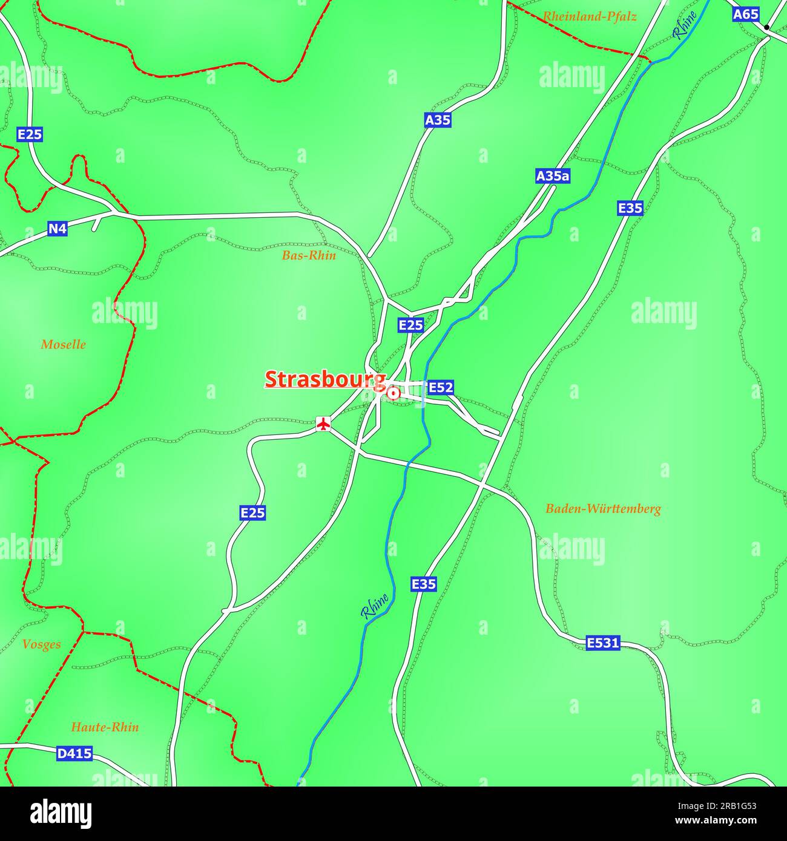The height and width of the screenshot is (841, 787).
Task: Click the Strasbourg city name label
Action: pos(325,379)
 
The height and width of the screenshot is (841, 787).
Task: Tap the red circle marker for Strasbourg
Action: pos(393,394)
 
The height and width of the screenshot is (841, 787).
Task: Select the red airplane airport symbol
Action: pos(324,424)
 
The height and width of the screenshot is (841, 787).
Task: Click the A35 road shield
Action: pos(437,120)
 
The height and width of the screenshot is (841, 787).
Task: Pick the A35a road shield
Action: pos(553,176)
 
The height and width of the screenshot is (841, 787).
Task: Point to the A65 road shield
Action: pos(745,15)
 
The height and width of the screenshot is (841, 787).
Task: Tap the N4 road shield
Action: pos(58,229)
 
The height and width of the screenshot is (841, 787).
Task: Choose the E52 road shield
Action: pos(440,387)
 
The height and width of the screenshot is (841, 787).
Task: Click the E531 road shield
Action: pos(603,643)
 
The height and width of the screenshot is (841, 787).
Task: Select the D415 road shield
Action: pos(74,754)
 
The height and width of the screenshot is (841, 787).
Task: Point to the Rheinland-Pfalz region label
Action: pos(589,17)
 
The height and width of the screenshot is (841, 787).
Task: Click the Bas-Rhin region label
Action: pos(309,255)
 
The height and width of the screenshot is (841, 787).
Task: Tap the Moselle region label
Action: pos(64,345)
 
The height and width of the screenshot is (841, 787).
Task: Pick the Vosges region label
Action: pos(41,644)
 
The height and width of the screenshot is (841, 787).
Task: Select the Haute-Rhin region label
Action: pos(105,727)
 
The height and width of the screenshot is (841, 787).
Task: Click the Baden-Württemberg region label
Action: pos(603,509)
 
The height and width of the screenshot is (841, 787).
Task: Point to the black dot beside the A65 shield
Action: pos(766,27)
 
